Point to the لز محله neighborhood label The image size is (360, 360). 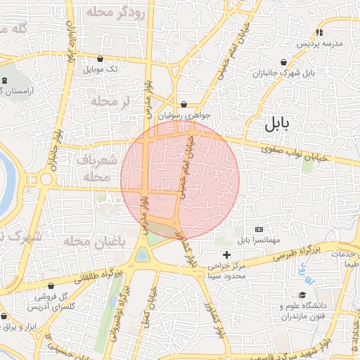tap(111, 103)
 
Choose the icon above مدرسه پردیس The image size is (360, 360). tap(320, 32)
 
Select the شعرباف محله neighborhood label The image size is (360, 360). tap(98, 168)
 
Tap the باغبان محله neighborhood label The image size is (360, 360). tap(89, 241)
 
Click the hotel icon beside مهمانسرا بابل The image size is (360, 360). tap(259, 229)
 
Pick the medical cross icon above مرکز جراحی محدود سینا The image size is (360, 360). tap(226, 254)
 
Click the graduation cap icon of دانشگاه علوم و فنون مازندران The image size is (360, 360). tap(302, 295)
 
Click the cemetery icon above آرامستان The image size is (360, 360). tap(6, 81)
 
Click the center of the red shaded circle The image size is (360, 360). tap(180, 179)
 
